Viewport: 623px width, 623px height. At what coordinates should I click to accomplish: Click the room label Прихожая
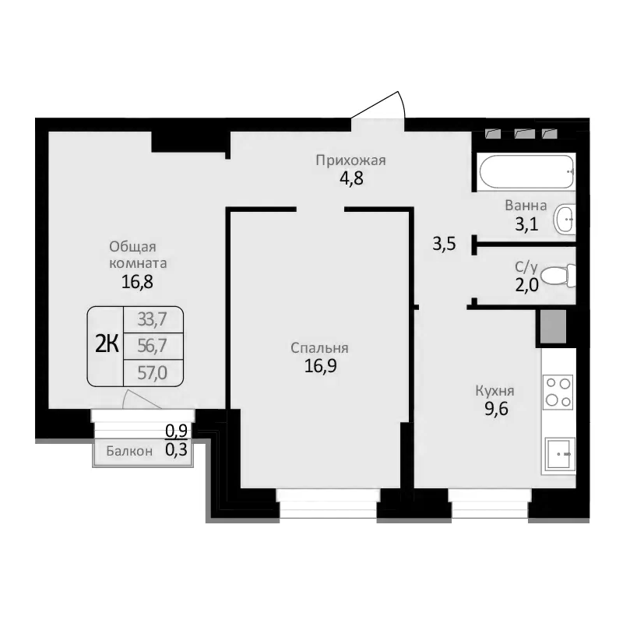pos(350,161)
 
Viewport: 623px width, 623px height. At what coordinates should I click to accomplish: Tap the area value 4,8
pos(350,178)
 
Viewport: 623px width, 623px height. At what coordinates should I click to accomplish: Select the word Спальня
pos(319,348)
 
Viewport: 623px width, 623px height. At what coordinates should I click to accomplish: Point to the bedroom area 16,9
pos(319,365)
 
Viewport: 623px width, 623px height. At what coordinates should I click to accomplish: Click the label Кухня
pos(496,391)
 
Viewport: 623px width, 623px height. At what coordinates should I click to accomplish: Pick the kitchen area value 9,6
pos(496,407)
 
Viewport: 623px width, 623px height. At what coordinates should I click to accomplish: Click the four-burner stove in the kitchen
pos(558,391)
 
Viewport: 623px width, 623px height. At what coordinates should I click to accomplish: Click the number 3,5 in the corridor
pos(444,245)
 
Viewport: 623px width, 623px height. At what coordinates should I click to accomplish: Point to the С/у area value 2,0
pos(526,285)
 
